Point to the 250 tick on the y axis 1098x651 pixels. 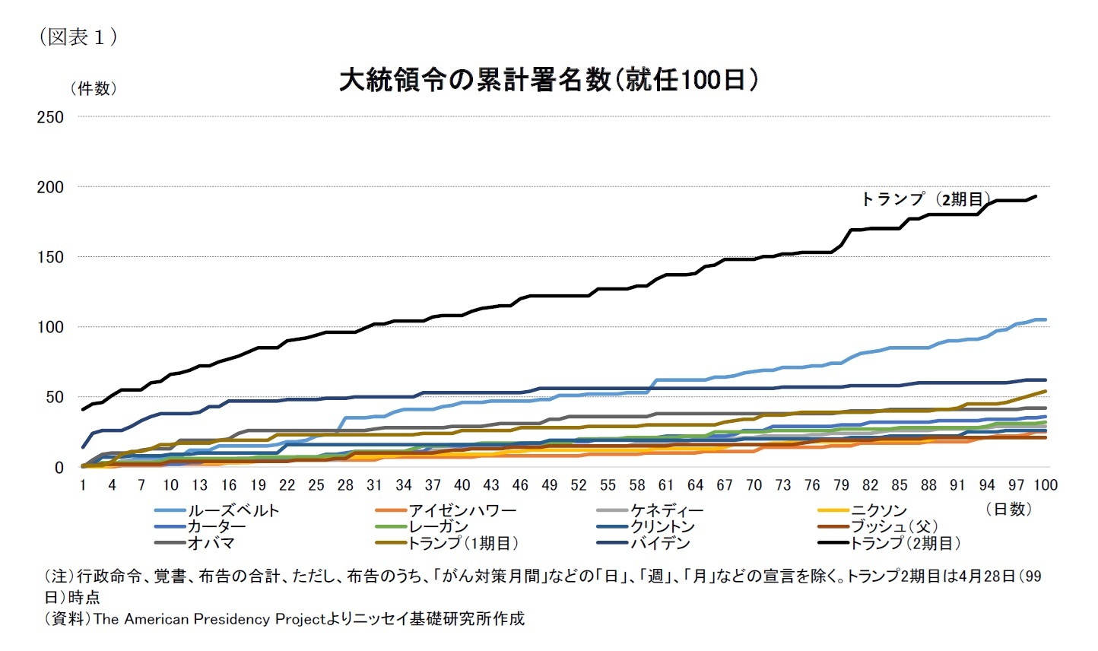coord(50,117)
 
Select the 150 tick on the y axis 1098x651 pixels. coord(50,257)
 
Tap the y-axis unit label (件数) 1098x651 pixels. coord(94,89)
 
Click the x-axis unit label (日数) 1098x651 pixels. coord(1008,509)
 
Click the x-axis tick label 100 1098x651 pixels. coord(1045,485)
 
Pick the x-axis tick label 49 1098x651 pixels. coord(549,485)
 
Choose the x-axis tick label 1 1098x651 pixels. coord(83,485)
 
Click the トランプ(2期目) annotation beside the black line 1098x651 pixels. coord(925,199)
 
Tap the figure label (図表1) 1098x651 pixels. coord(78,37)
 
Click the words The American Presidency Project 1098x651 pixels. coord(209,619)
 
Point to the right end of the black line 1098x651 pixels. coord(1036,196)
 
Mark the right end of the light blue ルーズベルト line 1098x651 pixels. coord(1046,319)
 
